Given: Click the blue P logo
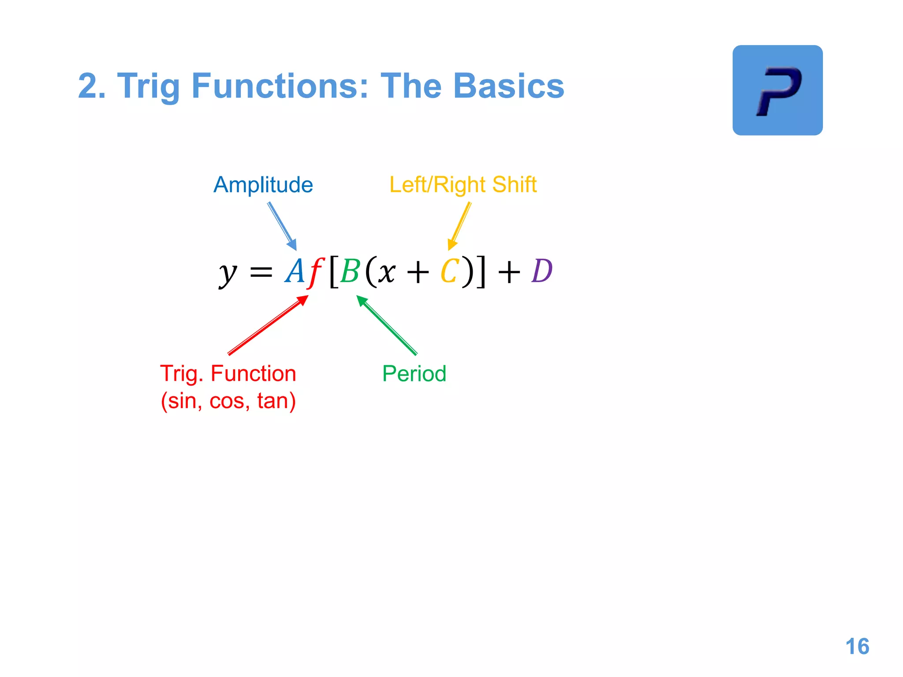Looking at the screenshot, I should pos(777,90).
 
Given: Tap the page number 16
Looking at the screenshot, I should pos(857,647).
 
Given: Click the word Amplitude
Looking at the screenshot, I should pos(263,185).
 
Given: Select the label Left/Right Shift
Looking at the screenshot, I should pos(463,185).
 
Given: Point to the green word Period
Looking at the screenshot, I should pos(414,374).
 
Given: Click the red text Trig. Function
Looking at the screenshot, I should pos(228,374).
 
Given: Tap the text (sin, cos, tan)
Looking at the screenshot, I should pos(228,401).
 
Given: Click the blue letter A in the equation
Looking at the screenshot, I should pos(295,271).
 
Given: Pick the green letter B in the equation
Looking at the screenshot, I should pos(351,271).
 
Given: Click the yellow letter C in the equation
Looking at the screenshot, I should pos(450,271).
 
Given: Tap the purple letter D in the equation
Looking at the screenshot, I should pos(542,271).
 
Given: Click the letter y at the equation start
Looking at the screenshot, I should pos(228,273).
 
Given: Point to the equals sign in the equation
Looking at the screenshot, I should pos(261,272).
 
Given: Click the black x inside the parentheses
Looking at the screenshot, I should pos(386,272).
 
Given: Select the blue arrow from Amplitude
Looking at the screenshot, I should pos(282,227).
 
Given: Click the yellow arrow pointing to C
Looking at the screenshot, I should pos(460,226).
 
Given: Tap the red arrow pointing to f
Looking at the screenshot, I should pos(268,325).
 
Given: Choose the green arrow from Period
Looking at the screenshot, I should pos(387,325).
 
